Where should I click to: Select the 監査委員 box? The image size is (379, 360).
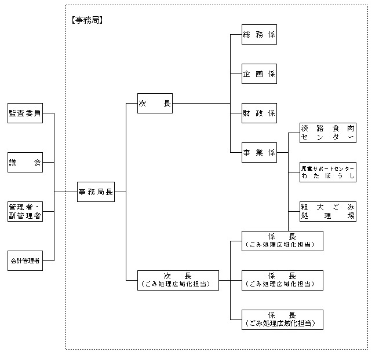[x=25, y=113]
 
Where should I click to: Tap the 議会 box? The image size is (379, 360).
[x=25, y=163]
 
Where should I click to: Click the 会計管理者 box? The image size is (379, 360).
[x=25, y=261]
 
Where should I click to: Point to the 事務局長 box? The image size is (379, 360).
[x=96, y=192]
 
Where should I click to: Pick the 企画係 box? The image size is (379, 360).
[x=259, y=74]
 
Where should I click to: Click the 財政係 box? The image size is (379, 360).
[x=259, y=113]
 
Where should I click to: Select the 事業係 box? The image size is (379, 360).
[x=259, y=153]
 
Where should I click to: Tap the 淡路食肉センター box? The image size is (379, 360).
[x=327, y=133]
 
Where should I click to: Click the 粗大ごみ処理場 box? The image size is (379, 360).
[x=327, y=211]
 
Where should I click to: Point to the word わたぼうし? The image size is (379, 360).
[x=327, y=176]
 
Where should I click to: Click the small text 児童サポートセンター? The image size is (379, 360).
[x=327, y=167]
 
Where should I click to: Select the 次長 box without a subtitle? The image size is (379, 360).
[x=155, y=104]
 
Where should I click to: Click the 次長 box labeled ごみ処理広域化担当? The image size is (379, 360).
[x=178, y=280]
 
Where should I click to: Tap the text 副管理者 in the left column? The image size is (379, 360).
[x=25, y=216]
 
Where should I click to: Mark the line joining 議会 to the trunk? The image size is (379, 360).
[x=48, y=163]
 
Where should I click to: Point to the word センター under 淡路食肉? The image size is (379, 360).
[x=327, y=138]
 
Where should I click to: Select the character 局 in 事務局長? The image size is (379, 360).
[x=100, y=192]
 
